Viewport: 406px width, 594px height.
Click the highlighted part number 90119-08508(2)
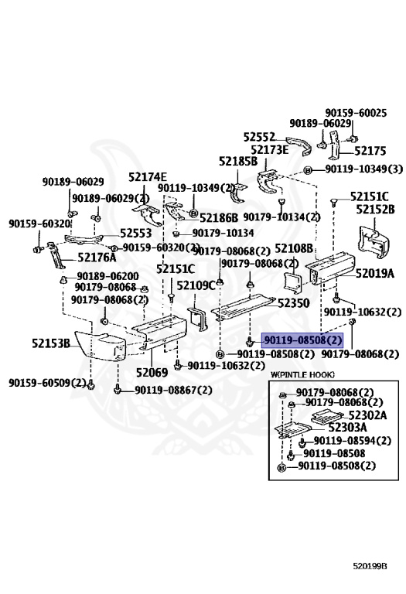point(302,340)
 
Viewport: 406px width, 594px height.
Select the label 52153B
point(51,343)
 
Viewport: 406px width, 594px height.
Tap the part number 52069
point(152,373)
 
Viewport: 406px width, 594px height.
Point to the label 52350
point(294,303)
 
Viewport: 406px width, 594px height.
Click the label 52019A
point(375,273)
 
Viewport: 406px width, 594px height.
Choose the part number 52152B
point(375,210)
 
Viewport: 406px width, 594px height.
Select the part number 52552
point(259,138)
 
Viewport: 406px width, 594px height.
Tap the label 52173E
point(269,149)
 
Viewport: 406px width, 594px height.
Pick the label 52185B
point(237,162)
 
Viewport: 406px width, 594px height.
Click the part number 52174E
point(147,177)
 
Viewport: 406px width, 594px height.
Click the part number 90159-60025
point(355,113)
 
